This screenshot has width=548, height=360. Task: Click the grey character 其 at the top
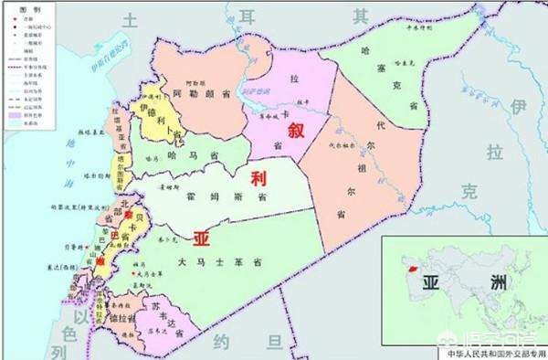point(361,16)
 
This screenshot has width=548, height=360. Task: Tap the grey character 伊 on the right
point(520,109)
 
